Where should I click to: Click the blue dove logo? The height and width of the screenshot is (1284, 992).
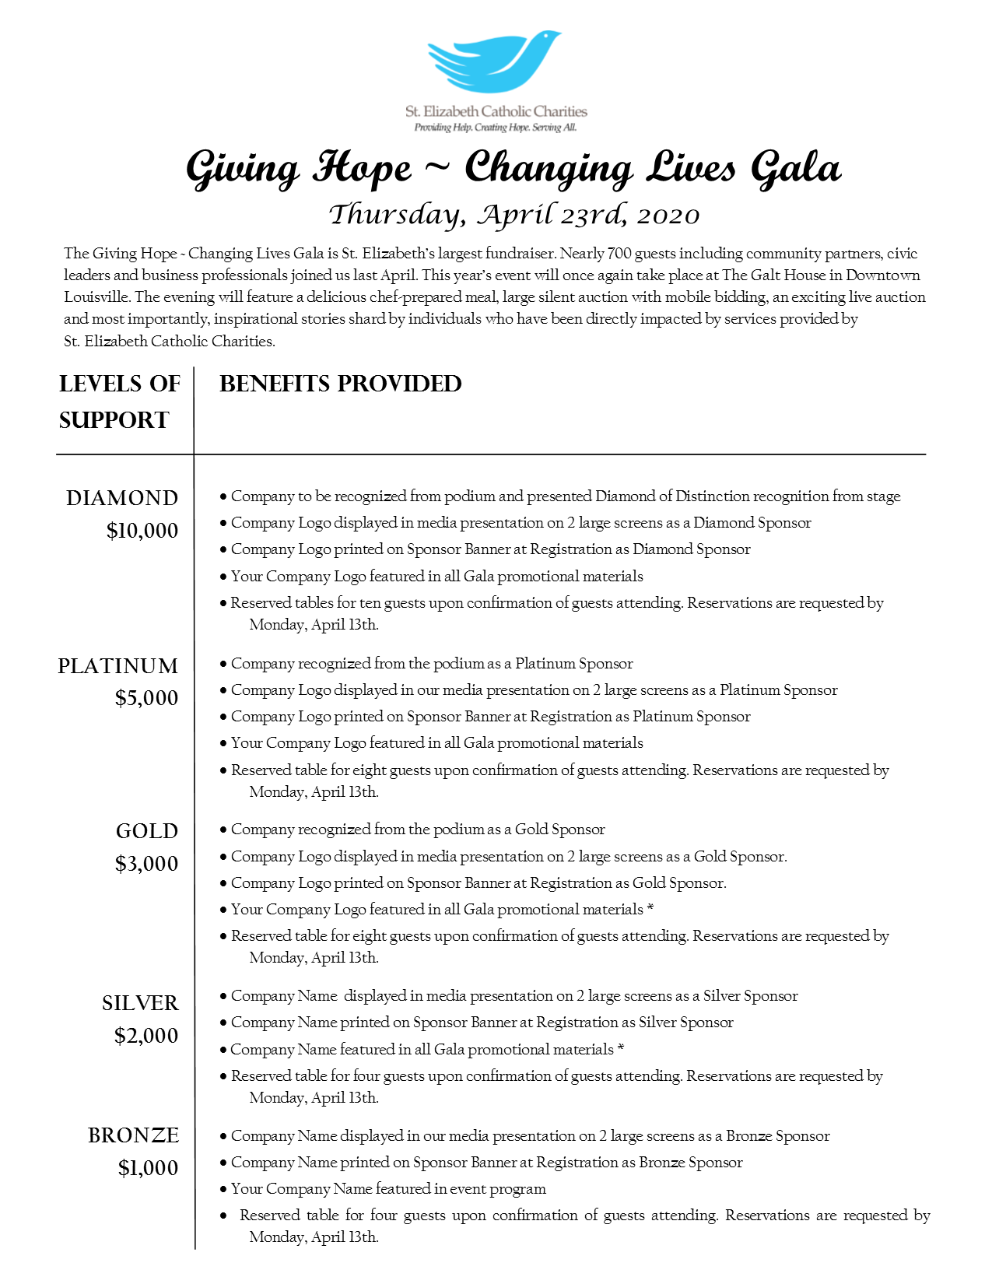(x=495, y=62)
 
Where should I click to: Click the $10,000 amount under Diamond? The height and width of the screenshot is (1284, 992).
(x=142, y=531)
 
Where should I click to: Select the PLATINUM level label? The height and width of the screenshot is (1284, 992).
(x=118, y=666)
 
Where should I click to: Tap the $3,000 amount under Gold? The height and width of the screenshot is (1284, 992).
(x=146, y=864)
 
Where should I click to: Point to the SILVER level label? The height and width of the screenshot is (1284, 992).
(x=140, y=1003)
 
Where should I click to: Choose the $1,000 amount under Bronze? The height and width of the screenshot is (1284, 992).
(x=148, y=1168)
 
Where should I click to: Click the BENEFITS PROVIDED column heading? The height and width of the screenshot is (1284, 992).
(x=341, y=384)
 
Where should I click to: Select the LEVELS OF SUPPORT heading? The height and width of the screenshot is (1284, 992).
(x=119, y=402)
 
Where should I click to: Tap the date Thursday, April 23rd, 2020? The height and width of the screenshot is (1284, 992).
(x=514, y=215)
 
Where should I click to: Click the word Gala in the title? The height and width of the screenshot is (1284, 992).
(x=796, y=169)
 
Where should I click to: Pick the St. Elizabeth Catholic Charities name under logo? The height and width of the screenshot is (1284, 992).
(x=496, y=112)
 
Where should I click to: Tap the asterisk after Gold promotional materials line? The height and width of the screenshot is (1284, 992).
(x=650, y=908)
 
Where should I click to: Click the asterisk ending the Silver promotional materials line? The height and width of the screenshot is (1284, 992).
(x=621, y=1048)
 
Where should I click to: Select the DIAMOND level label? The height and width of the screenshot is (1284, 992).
(x=122, y=498)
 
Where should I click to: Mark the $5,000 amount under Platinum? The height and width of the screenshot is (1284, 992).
(x=146, y=698)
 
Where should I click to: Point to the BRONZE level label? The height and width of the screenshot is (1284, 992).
(x=133, y=1135)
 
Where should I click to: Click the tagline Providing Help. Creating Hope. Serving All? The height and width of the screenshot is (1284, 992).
(x=496, y=128)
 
